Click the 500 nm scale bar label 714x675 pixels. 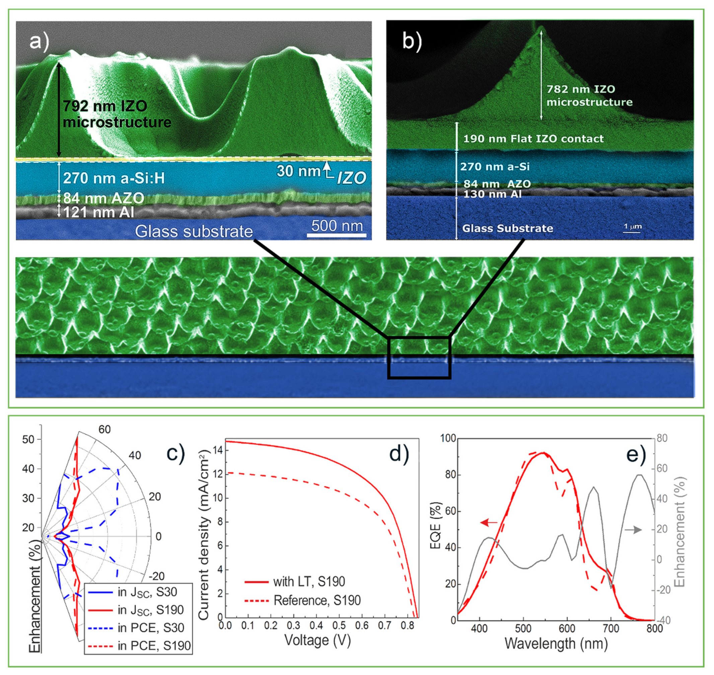point(337,226)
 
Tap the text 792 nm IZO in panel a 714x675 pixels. point(105,106)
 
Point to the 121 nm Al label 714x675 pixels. point(98,212)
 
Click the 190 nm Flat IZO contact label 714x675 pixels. point(533,139)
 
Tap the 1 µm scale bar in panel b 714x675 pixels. point(632,227)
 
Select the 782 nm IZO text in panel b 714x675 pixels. point(580,89)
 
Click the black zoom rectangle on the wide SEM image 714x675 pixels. point(419,358)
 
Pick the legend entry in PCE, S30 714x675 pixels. point(151,627)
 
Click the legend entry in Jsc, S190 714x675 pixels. point(150,609)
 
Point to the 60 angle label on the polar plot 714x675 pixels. point(104,429)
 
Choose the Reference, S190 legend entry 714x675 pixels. point(317,600)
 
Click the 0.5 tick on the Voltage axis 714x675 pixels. point(339,625)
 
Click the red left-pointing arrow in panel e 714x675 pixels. point(489,522)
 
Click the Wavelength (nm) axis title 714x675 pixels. point(556,643)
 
